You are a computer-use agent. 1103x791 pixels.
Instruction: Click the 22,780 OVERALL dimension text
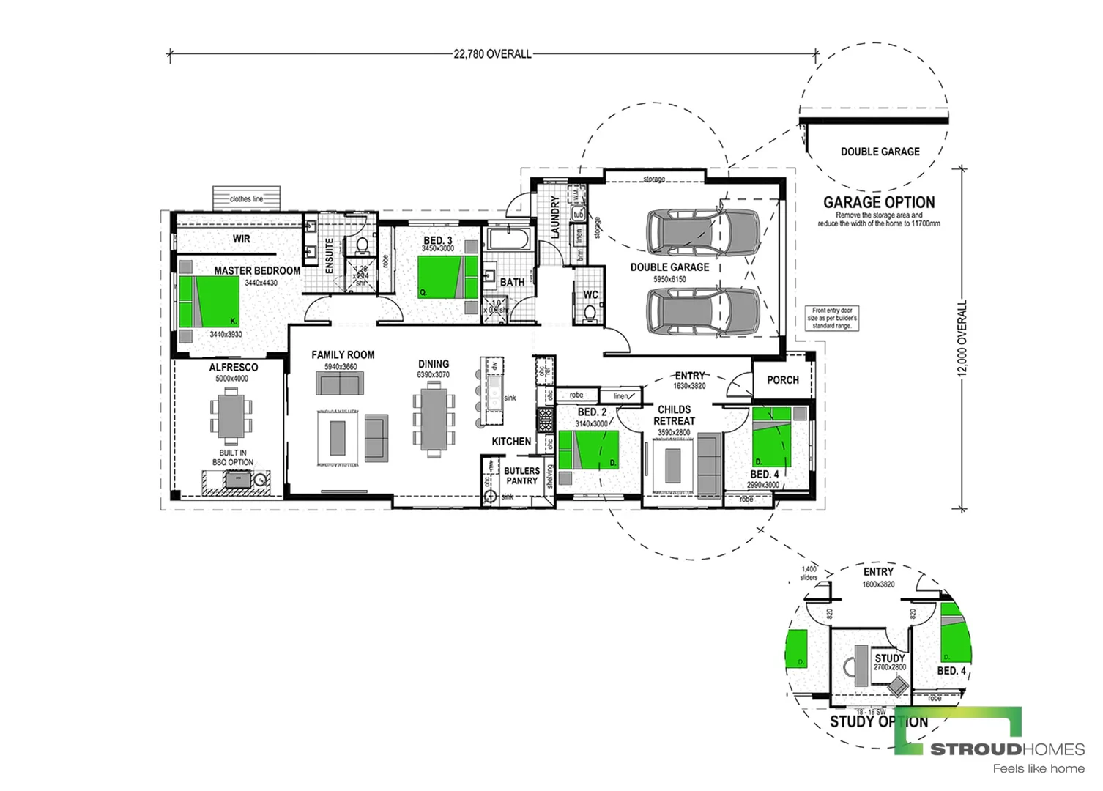tap(492, 53)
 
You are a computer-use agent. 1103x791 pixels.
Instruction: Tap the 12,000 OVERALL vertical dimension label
tap(962, 338)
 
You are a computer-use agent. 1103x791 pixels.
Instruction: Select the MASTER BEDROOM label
tap(257, 270)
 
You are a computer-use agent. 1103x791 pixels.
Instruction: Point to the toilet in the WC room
tap(590, 313)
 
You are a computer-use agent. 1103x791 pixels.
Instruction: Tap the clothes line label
tap(246, 198)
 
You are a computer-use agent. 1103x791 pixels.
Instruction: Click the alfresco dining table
tap(231, 415)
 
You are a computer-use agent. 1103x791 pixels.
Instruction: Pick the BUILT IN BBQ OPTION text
tap(233, 458)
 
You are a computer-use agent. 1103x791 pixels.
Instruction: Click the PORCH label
tap(783, 379)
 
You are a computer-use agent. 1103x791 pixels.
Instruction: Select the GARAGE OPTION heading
tap(879, 202)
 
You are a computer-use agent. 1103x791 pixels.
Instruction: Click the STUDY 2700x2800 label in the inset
tap(890, 662)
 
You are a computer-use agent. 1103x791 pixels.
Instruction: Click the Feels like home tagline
tap(1038, 768)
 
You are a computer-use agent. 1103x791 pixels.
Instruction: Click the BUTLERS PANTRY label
tap(521, 476)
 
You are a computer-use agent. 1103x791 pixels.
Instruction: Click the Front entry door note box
tap(832, 318)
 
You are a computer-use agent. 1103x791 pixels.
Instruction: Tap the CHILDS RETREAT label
tap(674, 415)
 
